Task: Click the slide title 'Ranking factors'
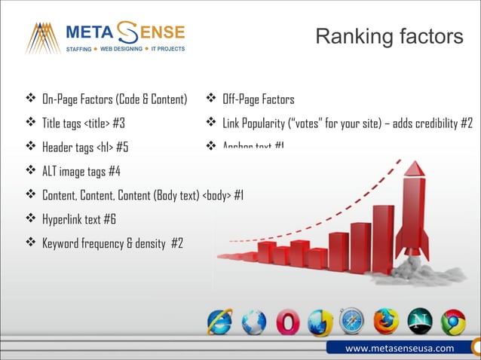pos(388,36)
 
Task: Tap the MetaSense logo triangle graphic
pos(43,38)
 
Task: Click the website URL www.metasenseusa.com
pos(400,348)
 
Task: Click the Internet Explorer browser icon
pos(220,322)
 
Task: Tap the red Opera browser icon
pos(286,322)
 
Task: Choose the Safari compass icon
pos(351,322)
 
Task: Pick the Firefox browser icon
pos(385,322)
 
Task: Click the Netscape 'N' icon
pos(419,322)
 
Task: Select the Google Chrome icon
pos(452,322)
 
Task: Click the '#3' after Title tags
pos(118,123)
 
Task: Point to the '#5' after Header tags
pos(132,147)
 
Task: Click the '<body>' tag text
pos(217,195)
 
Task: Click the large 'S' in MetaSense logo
pos(127,33)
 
